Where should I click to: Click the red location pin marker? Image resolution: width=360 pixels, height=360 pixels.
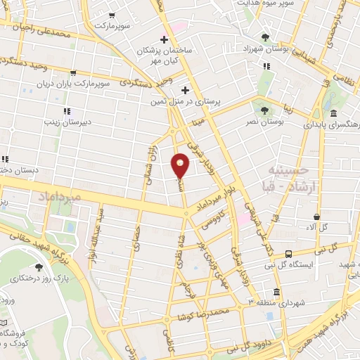181,165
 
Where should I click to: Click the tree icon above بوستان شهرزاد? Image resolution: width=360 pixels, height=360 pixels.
265,37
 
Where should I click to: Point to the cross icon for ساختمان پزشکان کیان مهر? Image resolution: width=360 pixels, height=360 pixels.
164,39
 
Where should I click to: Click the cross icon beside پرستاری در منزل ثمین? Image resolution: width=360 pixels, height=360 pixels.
185,90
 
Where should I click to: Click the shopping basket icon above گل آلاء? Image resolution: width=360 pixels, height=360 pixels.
318,217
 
